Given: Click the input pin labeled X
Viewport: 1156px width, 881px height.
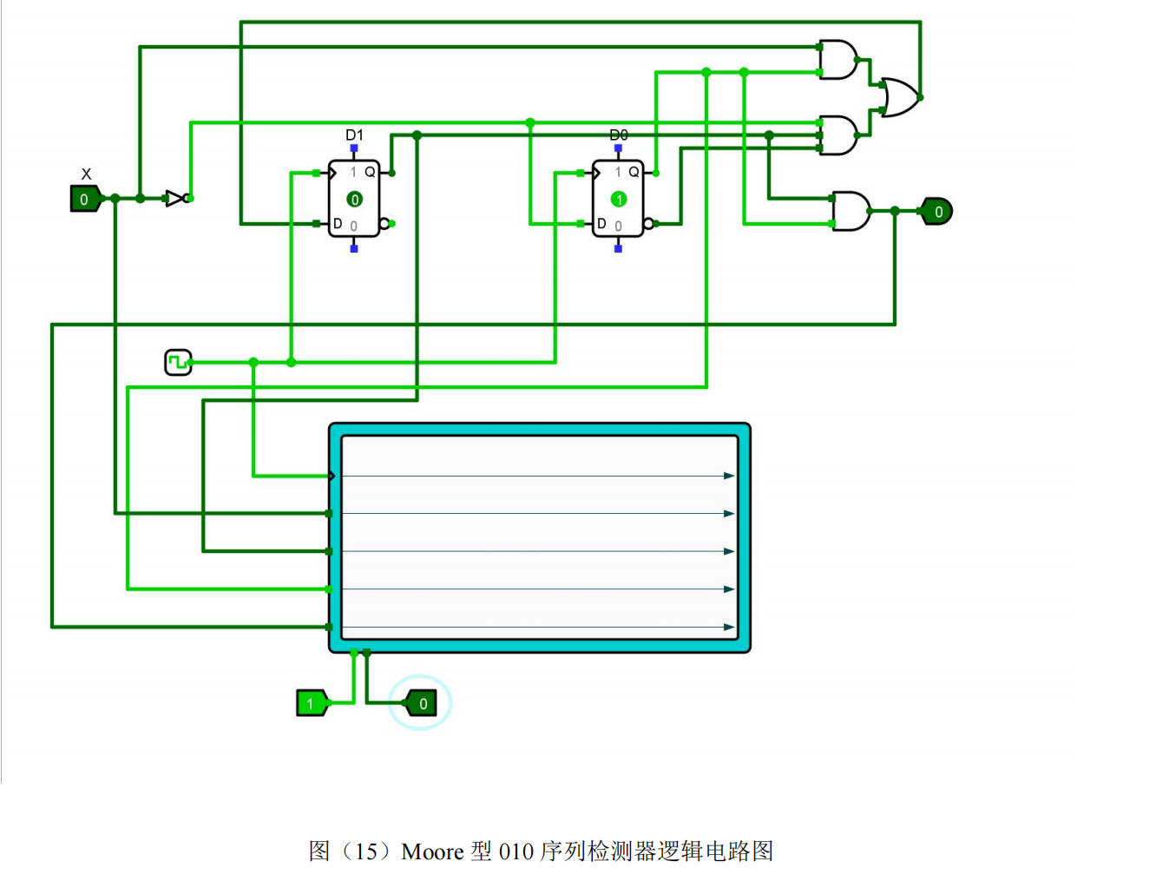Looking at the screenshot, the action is (x=85, y=199).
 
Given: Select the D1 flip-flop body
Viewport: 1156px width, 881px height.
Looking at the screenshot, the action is (x=354, y=199).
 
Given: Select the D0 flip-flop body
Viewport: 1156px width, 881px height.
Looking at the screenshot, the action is (x=618, y=199).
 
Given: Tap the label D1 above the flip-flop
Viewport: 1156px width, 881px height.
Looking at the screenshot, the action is (x=354, y=135).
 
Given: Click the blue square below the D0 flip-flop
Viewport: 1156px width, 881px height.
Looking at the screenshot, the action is (x=618, y=248).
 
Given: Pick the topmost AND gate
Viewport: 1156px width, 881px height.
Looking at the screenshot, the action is (x=838, y=60).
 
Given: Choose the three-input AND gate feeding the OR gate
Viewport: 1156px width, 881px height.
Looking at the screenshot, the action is (x=838, y=135).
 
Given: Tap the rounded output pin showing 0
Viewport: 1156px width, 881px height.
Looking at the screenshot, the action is (x=937, y=212).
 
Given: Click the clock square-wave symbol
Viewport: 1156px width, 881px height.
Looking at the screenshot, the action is (x=178, y=362).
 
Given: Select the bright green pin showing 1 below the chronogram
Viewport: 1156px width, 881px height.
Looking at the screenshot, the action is (x=312, y=703).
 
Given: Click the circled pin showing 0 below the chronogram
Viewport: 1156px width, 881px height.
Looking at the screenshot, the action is (x=421, y=703).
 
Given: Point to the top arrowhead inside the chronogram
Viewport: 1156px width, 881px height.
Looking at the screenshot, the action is (x=729, y=476).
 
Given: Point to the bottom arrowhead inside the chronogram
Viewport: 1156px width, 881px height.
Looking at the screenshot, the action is (x=729, y=628).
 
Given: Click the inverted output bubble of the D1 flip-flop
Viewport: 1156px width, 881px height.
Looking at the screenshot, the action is (x=384, y=224).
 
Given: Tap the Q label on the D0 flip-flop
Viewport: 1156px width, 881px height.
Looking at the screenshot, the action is (x=634, y=172).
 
